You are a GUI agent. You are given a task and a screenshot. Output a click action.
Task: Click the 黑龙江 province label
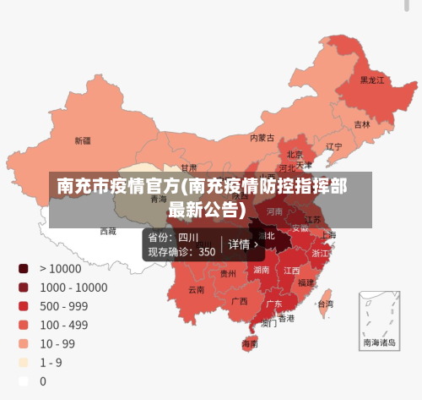(x=371, y=80)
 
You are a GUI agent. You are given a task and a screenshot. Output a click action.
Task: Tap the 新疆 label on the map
(x=83, y=140)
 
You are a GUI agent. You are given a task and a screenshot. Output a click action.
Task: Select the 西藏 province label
(x=108, y=230)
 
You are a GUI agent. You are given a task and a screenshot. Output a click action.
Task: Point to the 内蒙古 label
(x=262, y=137)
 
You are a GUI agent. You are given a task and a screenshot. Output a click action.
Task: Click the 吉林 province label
(x=361, y=124)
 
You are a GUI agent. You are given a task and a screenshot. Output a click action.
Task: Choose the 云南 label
(x=196, y=289)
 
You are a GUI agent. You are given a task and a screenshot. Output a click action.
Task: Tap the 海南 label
(x=250, y=344)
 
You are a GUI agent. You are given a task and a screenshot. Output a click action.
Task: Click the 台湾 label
(x=324, y=303)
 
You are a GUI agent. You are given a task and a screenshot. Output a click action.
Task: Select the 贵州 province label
(x=228, y=273)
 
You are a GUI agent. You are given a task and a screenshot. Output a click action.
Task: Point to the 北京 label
(x=295, y=155)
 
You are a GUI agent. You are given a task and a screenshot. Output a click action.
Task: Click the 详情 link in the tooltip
(x=243, y=244)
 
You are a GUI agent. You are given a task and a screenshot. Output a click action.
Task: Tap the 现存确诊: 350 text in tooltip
(x=181, y=251)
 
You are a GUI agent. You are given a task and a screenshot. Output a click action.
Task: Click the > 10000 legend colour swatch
(x=24, y=268)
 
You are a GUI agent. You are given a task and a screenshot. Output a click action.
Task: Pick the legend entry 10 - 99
(x=57, y=343)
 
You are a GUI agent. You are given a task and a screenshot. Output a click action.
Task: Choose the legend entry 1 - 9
(x=50, y=362)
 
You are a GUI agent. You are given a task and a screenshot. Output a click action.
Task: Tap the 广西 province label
(x=239, y=301)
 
